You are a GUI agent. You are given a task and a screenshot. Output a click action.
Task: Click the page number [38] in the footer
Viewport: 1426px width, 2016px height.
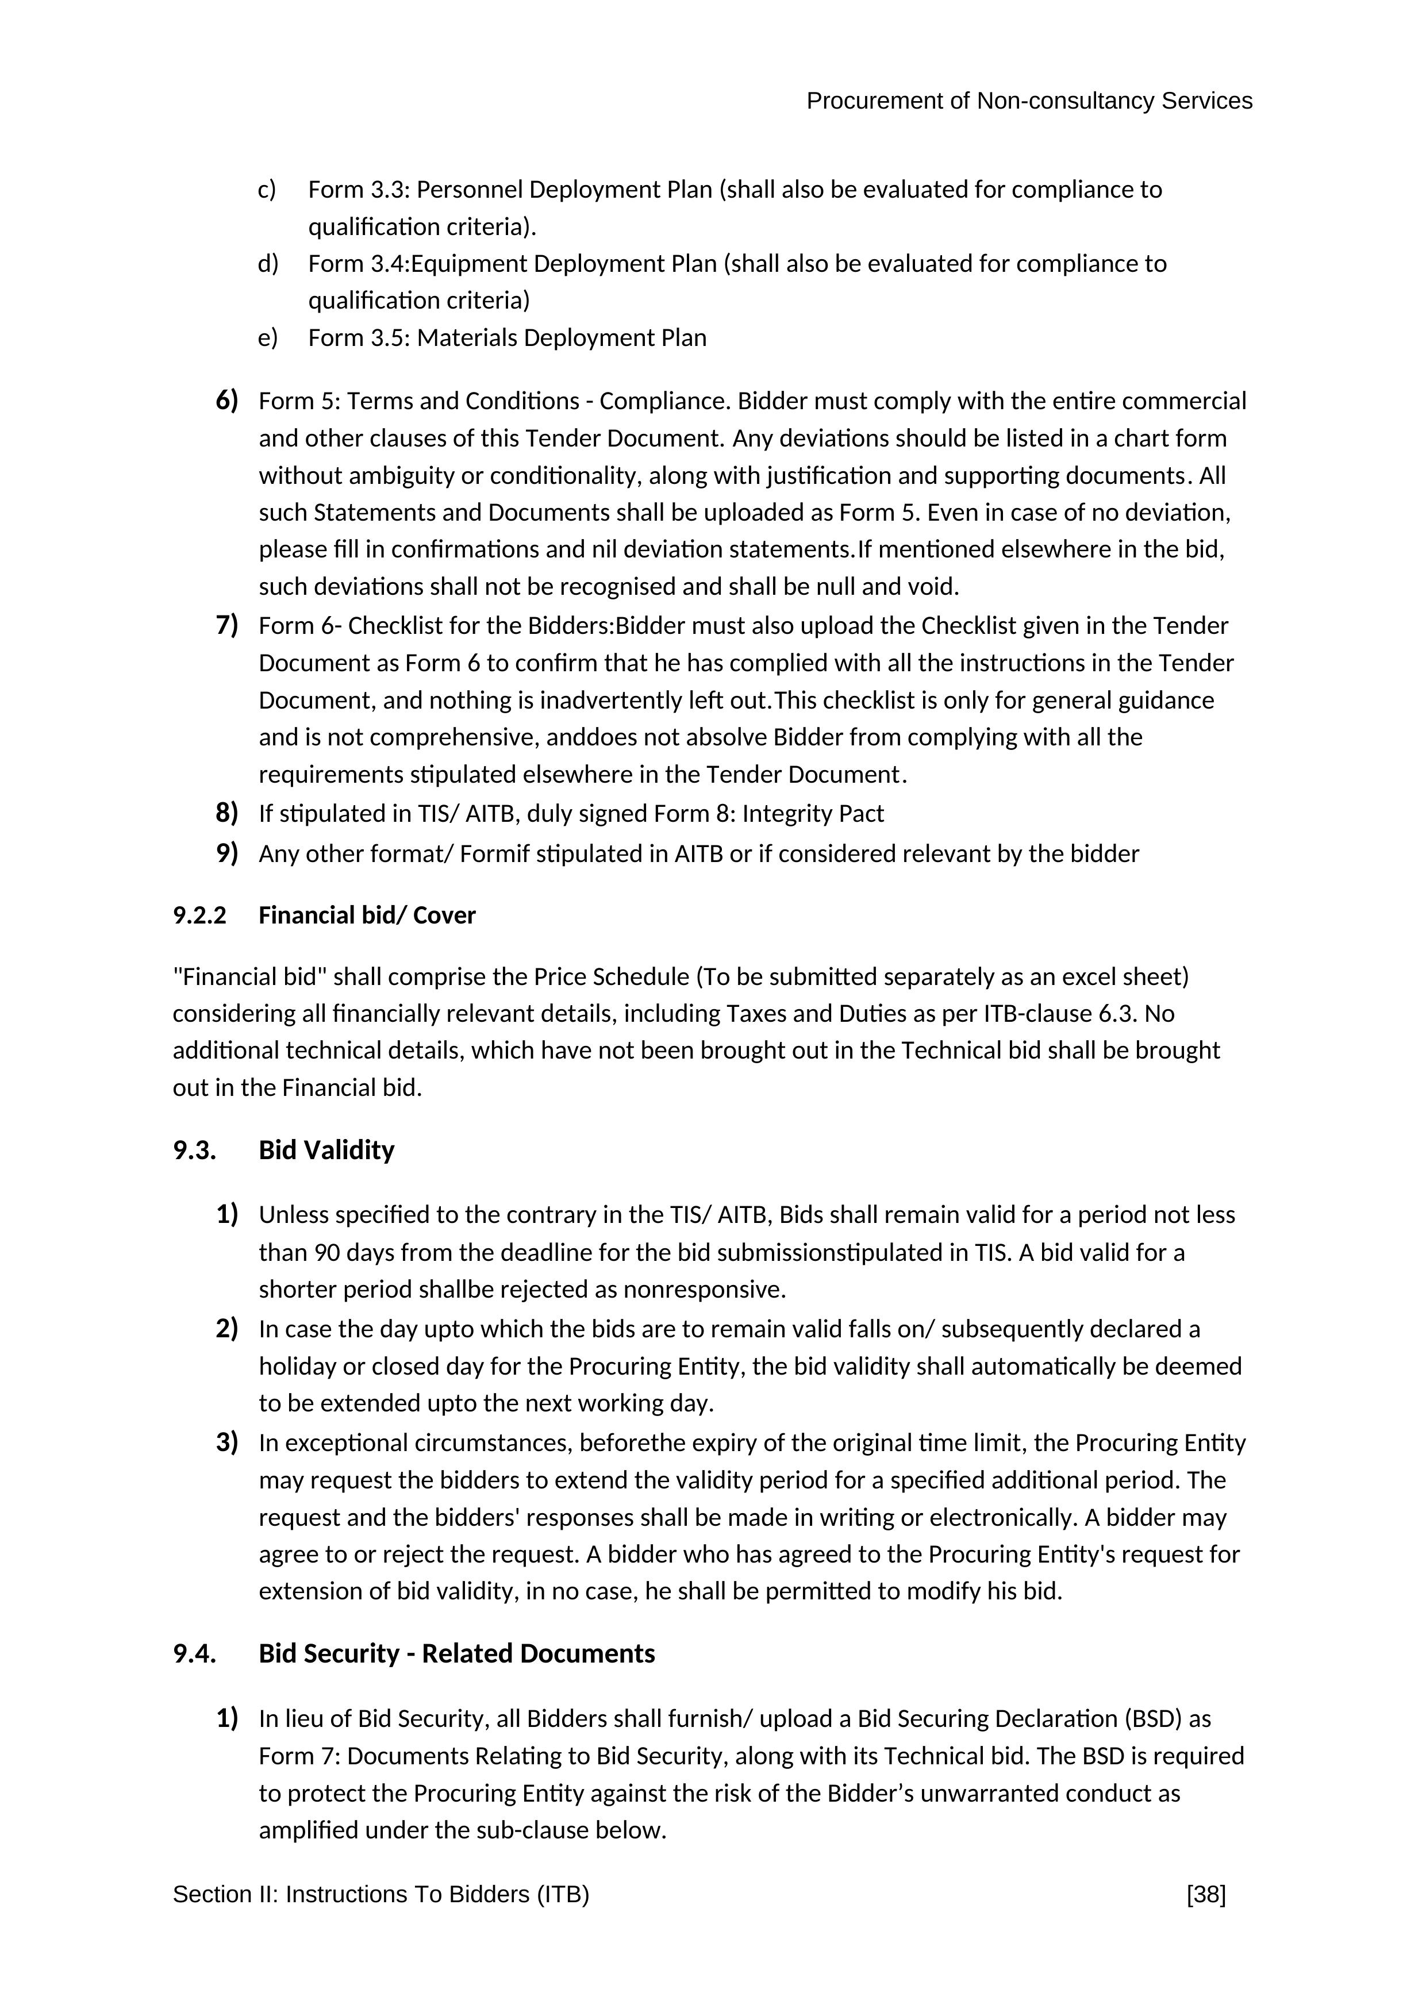(x=1206, y=1895)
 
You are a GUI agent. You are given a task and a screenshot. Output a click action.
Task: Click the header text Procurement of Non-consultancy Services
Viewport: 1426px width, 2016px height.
(x=1029, y=102)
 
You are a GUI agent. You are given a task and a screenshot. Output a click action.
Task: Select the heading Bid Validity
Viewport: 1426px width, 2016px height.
(x=326, y=1151)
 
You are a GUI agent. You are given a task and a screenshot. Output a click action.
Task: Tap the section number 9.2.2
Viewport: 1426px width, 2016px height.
(x=199, y=916)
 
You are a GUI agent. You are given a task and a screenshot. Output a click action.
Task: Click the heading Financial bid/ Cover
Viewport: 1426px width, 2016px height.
(x=367, y=916)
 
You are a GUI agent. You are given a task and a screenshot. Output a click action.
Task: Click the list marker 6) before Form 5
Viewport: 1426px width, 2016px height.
(x=226, y=401)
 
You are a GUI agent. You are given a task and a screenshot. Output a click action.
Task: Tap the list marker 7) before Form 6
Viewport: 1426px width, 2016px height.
(x=226, y=626)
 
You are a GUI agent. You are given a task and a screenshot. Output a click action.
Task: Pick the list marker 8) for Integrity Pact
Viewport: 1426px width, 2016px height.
(x=226, y=814)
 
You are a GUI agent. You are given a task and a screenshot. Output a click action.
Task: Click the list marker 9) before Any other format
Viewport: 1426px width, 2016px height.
(x=226, y=853)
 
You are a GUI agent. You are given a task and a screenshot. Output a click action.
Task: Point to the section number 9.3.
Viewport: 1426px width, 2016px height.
(x=194, y=1151)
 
